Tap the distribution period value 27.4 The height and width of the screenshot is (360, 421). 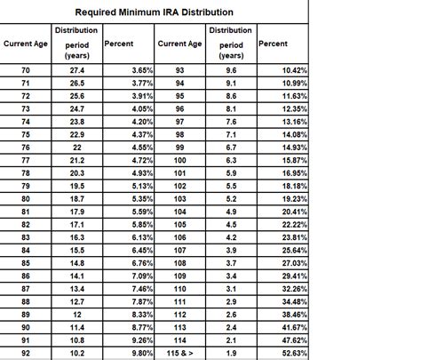click(x=75, y=68)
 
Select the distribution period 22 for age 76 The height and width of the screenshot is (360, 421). click(x=75, y=148)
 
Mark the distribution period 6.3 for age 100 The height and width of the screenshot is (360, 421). click(x=231, y=160)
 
